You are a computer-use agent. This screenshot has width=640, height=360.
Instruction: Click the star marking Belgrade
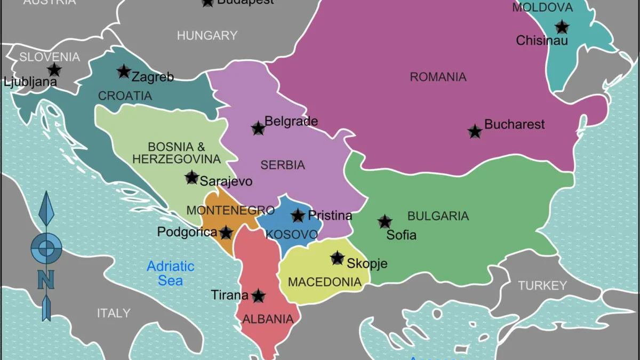pos(258,128)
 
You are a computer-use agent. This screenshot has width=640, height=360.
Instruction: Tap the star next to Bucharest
pos(475,131)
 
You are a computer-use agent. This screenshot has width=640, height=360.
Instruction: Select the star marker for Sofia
pos(385,221)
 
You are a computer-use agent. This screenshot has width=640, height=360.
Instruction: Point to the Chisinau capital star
pos(561,27)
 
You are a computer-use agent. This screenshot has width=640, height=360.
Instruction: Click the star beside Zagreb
pos(124,71)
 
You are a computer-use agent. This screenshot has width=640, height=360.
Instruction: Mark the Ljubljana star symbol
pos(54,69)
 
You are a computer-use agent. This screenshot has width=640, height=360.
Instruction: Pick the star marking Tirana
pos(258,295)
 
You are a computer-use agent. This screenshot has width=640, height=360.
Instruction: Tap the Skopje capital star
pos(337,258)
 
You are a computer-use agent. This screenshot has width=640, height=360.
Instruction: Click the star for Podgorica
pos(226,233)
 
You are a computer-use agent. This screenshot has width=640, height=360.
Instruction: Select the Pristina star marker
pos(298,215)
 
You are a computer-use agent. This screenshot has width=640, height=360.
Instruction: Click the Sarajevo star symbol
pos(192,178)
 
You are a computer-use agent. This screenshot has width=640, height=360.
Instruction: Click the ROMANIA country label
pos(438,77)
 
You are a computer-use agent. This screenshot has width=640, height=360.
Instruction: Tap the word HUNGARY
pos(207,36)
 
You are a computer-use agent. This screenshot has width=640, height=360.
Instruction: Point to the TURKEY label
pos(542,286)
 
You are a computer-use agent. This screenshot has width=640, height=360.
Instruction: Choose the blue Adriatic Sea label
pos(171,273)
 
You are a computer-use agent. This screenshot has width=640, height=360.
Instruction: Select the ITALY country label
pos(114,313)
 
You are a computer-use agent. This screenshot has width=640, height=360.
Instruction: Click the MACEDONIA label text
pos(325,282)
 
